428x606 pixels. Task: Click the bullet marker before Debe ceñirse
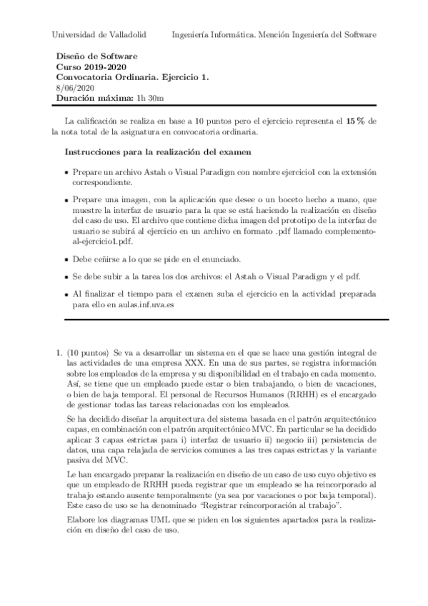[66, 258]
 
